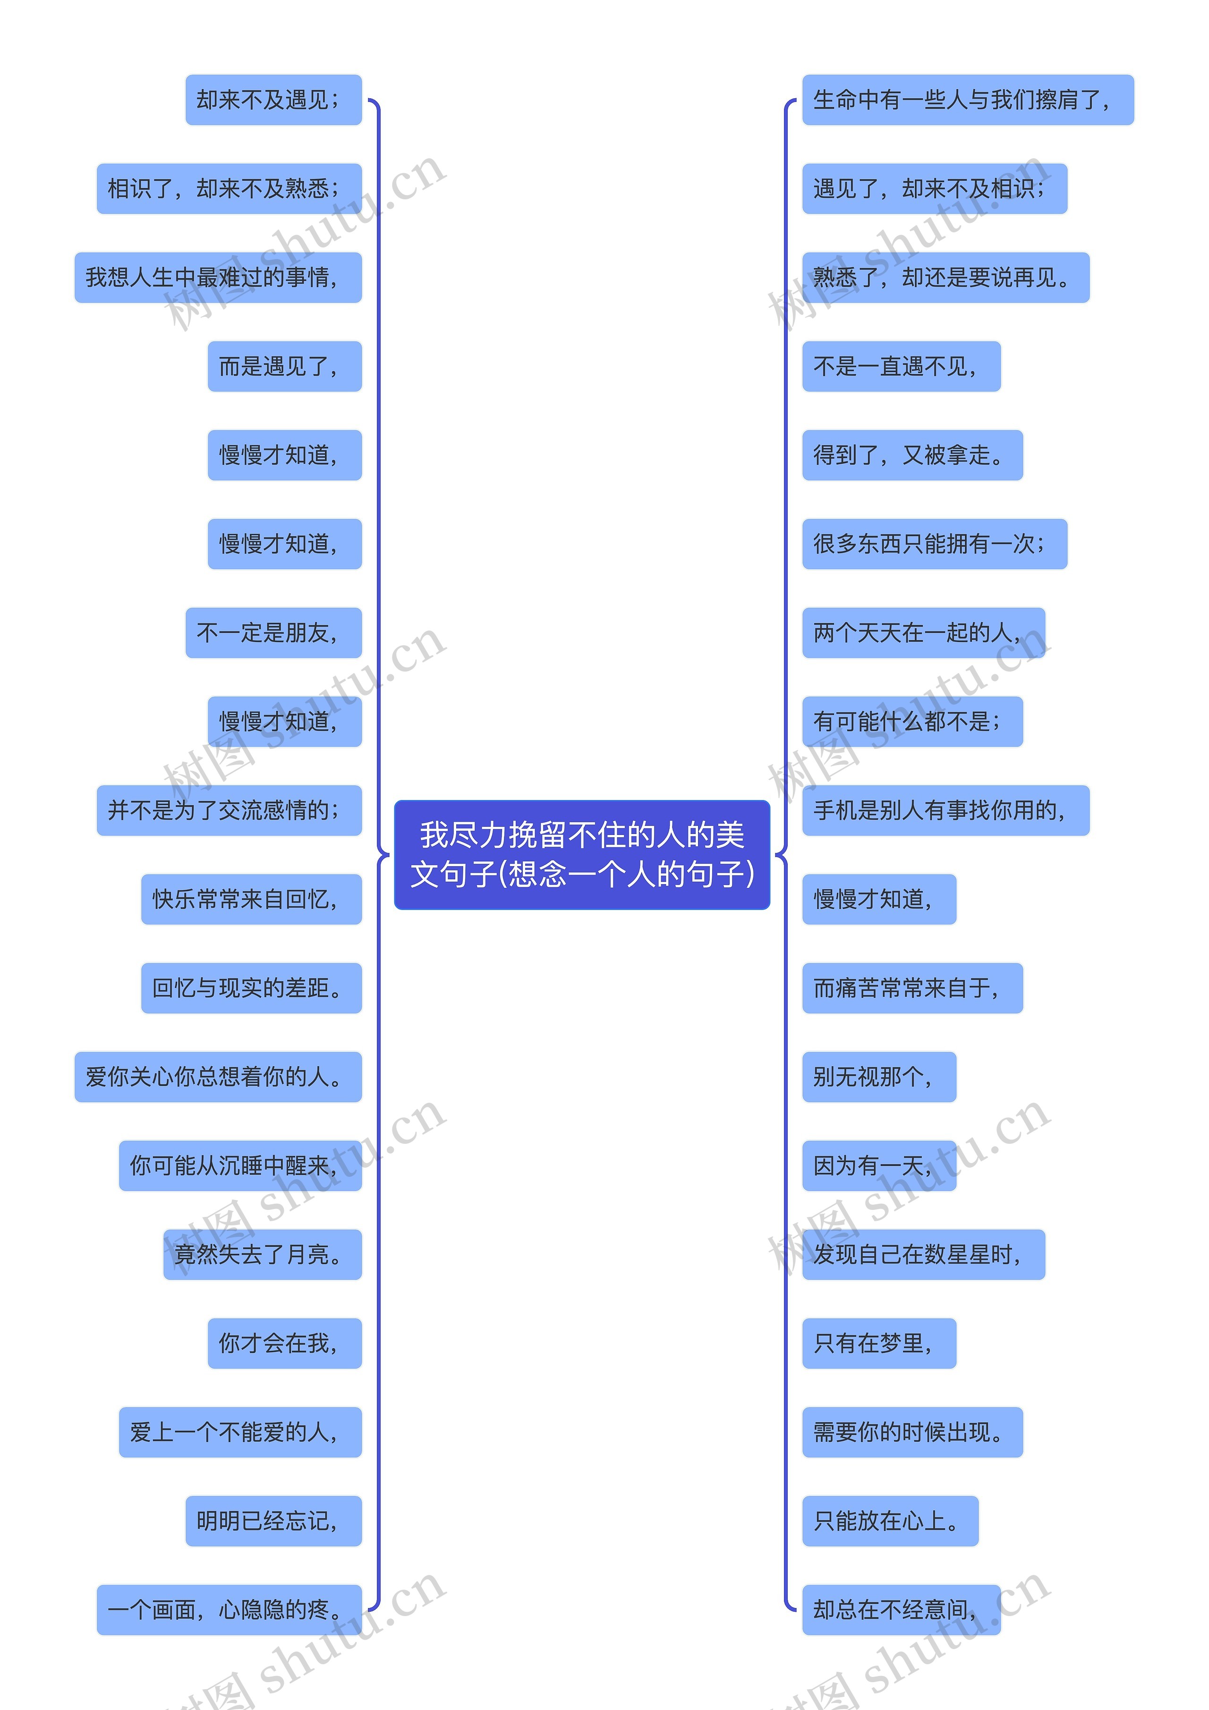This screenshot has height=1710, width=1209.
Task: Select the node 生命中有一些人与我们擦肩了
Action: pyautogui.click(x=967, y=100)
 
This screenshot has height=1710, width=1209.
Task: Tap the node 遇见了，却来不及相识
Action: pyautogui.click(x=934, y=188)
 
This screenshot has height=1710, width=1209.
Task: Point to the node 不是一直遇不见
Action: pyautogui.click(x=901, y=366)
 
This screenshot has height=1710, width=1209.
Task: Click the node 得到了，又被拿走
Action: pyautogui.click(x=912, y=455)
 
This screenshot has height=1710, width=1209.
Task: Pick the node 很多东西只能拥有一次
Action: pyautogui.click(x=934, y=544)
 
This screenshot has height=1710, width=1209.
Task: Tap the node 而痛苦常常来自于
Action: pyautogui.click(x=912, y=988)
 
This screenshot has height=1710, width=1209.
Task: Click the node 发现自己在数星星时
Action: pyautogui.click(x=923, y=1255)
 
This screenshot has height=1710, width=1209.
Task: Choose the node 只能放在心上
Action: pyautogui.click(x=889, y=1521)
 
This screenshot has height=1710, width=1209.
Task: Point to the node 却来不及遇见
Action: pyautogui.click(x=273, y=100)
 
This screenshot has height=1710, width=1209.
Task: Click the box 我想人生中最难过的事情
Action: pyautogui.click(x=218, y=278)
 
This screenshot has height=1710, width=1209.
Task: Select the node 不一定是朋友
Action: pyautogui.click(x=273, y=633)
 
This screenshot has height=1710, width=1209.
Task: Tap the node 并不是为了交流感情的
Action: pyautogui.click(x=229, y=810)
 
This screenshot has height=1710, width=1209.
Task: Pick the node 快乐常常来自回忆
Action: pyautogui.click(x=251, y=899)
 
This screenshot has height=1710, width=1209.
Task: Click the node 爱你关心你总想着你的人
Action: pyautogui.click(x=218, y=1077)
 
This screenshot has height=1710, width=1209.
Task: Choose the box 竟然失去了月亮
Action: pyautogui.click(x=262, y=1255)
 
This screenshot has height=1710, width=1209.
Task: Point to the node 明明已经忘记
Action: pyautogui.click(x=273, y=1521)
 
